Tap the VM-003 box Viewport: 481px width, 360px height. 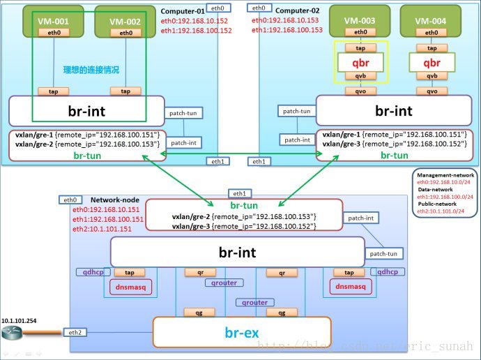click(x=360, y=21)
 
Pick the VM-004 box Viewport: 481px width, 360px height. click(x=431, y=21)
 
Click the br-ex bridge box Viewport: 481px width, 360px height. click(x=242, y=332)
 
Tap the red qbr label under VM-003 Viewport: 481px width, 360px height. click(x=360, y=61)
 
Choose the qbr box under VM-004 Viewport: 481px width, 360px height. click(x=432, y=61)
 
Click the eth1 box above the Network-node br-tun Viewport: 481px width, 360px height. click(x=239, y=193)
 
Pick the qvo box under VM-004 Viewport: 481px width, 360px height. click(x=432, y=91)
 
